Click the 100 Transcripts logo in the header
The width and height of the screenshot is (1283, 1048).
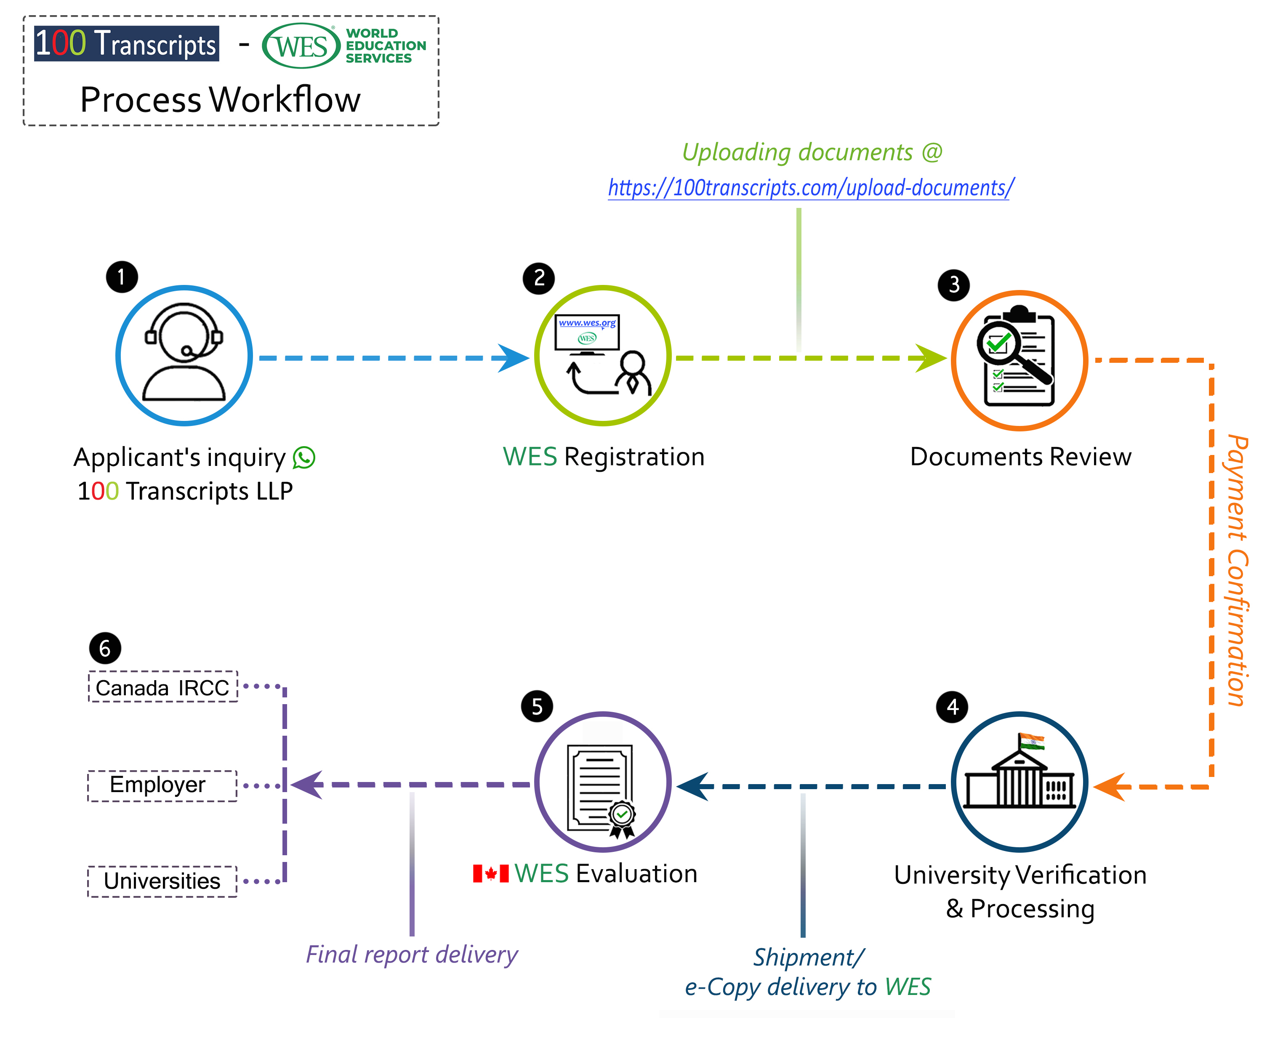127,43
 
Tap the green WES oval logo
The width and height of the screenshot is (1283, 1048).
301,46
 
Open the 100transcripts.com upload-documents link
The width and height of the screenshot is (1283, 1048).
810,188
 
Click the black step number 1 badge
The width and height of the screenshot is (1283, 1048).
122,277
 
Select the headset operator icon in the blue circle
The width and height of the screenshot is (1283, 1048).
184,353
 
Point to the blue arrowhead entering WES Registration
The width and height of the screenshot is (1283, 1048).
513,358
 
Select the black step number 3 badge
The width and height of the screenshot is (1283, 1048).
953,285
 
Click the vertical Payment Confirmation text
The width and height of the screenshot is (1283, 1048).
1237,570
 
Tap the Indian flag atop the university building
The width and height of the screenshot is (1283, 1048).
1032,741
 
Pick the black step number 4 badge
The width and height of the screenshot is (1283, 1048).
952,707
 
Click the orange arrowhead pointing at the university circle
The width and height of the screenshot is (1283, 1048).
1110,787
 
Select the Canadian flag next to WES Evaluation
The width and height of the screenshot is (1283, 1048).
490,873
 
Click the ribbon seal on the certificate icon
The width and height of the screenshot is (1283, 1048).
622,818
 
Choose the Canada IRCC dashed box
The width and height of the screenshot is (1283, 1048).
163,687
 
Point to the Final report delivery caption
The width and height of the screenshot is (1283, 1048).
412,955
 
